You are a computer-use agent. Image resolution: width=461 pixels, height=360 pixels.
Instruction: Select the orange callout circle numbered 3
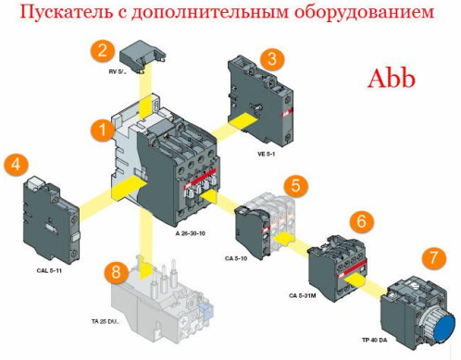tap(271, 57)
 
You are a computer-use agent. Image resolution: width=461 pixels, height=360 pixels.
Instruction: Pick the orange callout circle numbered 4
tap(14, 166)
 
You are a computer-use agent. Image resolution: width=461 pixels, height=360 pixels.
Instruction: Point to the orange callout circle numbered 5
tap(293, 185)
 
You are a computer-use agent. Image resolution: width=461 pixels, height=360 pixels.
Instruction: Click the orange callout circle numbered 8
tap(116, 272)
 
